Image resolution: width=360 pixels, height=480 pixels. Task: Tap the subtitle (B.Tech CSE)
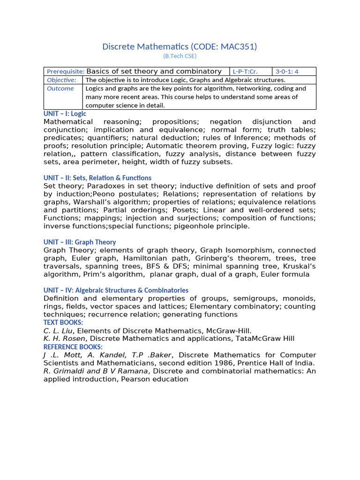point(180,56)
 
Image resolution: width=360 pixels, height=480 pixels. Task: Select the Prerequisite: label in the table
point(65,72)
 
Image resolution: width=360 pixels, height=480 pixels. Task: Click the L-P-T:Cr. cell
point(245,72)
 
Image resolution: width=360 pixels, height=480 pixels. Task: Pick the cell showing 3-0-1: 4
point(287,72)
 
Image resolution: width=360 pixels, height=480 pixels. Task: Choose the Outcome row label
point(60,89)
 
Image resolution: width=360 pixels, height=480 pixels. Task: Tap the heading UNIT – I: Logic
point(65,113)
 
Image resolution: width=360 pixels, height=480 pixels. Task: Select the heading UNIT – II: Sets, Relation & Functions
point(97,178)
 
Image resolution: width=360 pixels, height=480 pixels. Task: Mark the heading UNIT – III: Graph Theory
point(80,242)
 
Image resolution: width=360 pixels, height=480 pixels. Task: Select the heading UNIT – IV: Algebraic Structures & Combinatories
point(116,291)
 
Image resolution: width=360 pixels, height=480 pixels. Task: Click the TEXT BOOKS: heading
point(63,322)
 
